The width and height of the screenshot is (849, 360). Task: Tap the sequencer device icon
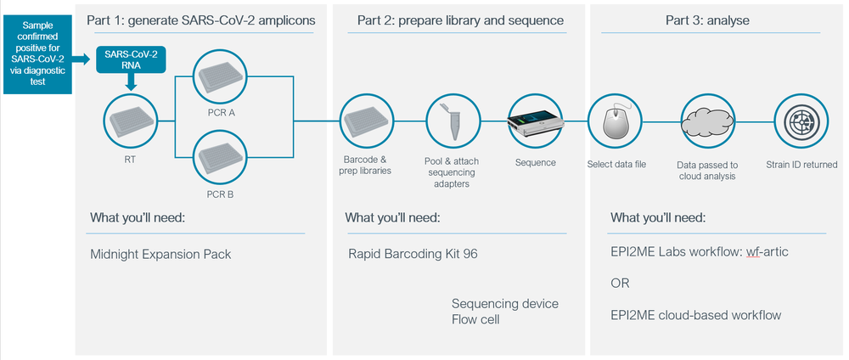point(535,123)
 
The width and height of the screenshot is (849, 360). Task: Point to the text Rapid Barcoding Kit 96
point(413,253)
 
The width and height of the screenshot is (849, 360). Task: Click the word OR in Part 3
point(620,284)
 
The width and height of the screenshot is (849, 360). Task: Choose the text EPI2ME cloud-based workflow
point(695,315)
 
